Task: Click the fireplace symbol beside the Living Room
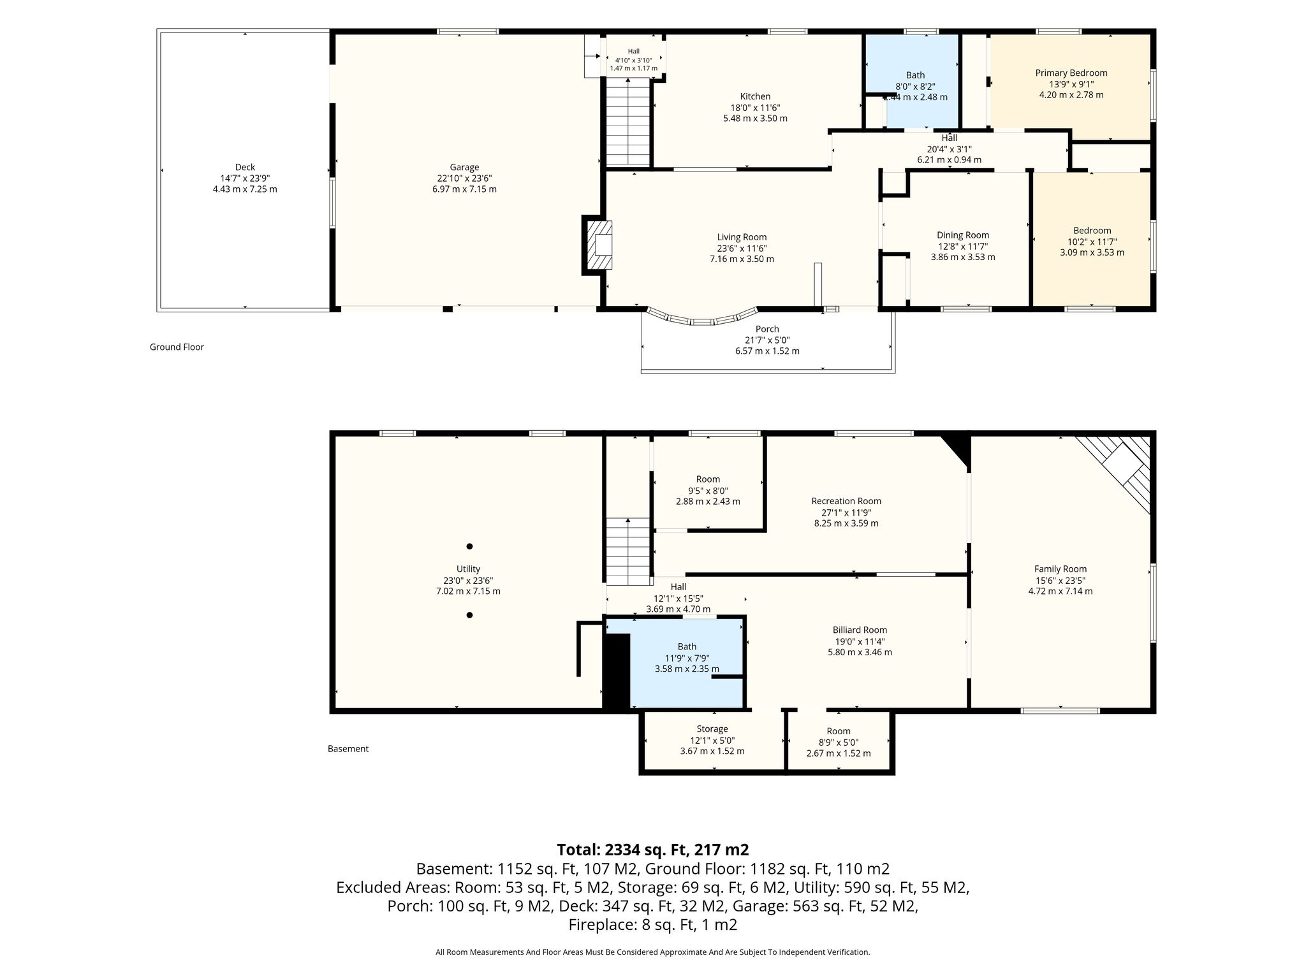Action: [599, 245]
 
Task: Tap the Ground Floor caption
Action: [177, 347]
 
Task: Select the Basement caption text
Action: [348, 749]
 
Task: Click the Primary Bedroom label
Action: [1071, 73]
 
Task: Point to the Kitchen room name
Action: [755, 97]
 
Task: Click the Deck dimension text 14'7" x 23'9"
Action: [245, 178]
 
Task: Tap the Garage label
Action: [464, 168]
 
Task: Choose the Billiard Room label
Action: [860, 630]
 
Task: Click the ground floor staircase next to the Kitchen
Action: [628, 122]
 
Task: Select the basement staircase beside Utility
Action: [628, 551]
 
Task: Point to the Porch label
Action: [767, 330]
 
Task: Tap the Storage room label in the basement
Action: [712, 729]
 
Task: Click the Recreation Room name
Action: [846, 501]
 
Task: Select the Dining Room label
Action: [963, 235]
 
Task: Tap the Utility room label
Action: [469, 569]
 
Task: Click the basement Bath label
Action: [687, 647]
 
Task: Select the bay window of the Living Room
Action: [702, 319]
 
